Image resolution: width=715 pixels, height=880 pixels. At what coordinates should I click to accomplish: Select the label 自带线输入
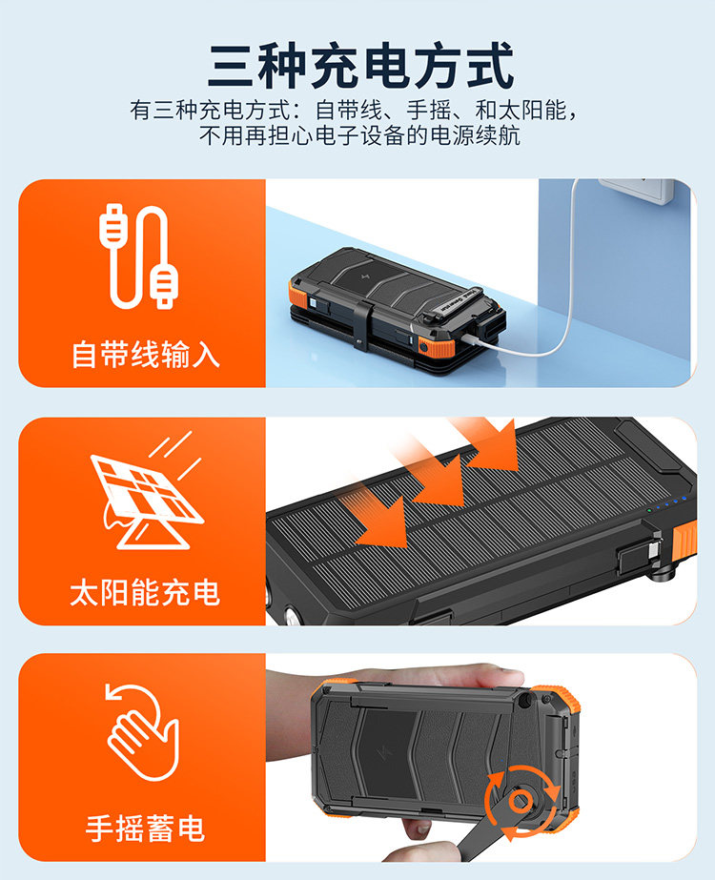(x=145, y=355)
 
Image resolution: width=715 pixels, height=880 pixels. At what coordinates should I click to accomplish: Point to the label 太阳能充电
(x=145, y=592)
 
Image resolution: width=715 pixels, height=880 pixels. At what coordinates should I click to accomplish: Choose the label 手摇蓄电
(x=145, y=829)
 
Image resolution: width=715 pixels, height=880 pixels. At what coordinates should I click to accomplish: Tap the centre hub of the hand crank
(x=520, y=800)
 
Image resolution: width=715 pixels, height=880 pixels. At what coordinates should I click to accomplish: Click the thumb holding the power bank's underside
(x=419, y=825)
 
